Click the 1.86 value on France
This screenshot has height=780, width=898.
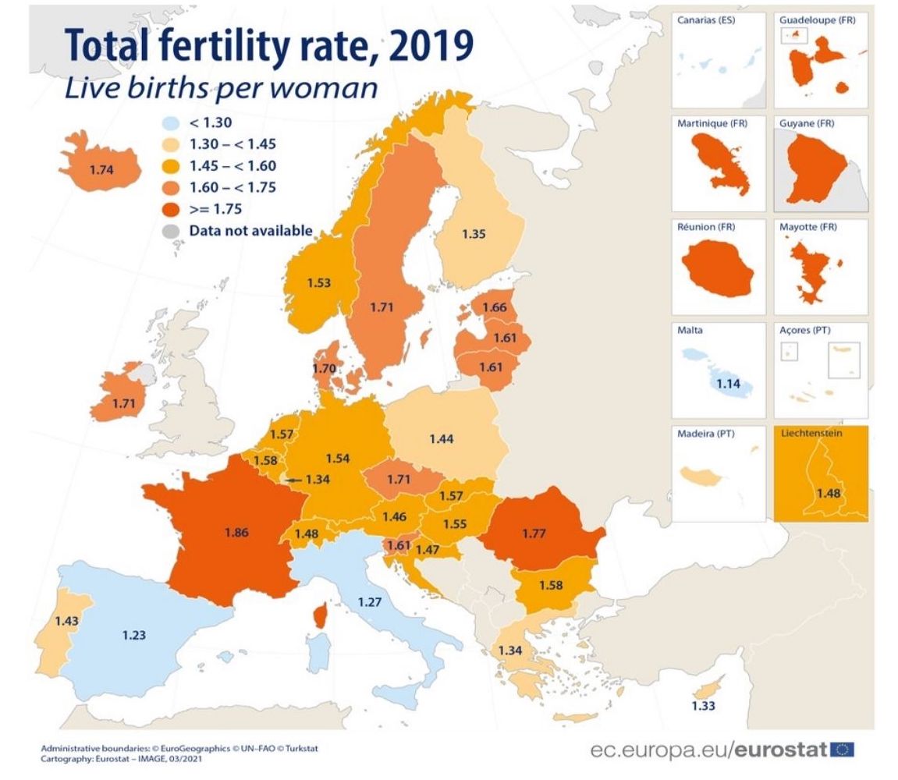tap(236, 533)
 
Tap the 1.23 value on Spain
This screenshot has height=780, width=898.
tap(134, 635)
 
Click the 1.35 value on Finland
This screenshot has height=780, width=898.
tap(474, 233)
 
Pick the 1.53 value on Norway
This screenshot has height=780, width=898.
tap(318, 282)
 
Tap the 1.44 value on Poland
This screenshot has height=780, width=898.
tap(442, 439)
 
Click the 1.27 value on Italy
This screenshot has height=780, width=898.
tap(370, 601)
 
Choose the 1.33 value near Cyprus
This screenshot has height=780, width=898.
tap(703, 706)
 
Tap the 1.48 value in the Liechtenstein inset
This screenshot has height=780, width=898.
tap(829, 493)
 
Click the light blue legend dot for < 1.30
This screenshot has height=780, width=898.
tap(173, 122)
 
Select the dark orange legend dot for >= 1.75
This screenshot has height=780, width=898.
tap(173, 208)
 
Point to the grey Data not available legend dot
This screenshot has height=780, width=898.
tap(173, 231)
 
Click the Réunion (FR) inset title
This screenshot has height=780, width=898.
tap(707, 227)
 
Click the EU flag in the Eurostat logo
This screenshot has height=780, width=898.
tap(842, 750)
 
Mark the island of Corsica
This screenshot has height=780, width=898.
tap(319, 615)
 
